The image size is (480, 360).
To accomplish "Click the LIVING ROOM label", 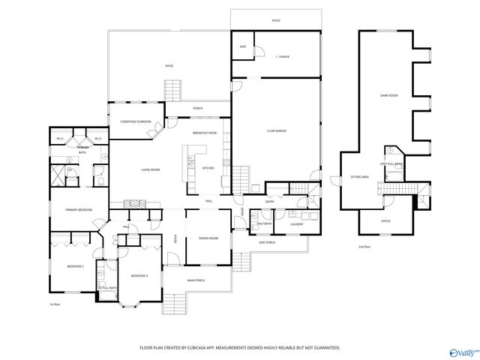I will coord(151,169).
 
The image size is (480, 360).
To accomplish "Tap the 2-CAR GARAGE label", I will coord(277,131).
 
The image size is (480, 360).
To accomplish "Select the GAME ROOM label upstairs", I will coord(388,95).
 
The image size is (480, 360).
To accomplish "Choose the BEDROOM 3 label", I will coord(139,276).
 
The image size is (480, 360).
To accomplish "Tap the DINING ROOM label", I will coord(208,238).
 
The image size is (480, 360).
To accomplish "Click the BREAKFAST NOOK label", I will coord(204,133).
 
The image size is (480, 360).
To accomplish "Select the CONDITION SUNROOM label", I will coord(136,121).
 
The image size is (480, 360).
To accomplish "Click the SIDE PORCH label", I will coord(268,242).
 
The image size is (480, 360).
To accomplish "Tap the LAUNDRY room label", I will coord(296,223).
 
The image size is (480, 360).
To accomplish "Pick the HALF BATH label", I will coord(263,223).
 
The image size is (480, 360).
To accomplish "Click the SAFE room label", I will coord(243,46).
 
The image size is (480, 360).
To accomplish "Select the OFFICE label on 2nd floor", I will coord(385,221).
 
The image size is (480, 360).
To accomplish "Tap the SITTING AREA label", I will coord(360,177).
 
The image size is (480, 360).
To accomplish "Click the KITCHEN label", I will coord(208,168).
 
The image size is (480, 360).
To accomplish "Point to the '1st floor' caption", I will coord(54,304).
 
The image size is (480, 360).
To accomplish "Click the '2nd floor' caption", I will coord(364,246).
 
